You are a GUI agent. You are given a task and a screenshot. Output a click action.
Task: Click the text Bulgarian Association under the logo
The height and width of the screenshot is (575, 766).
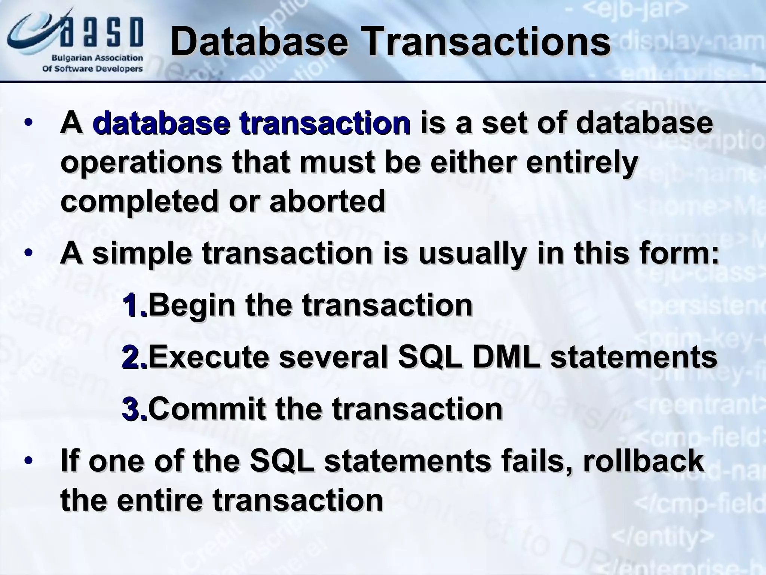97,58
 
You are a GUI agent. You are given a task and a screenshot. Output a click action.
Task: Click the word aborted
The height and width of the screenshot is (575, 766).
327,201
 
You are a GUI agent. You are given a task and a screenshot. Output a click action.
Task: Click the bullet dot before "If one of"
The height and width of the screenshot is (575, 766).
28,461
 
